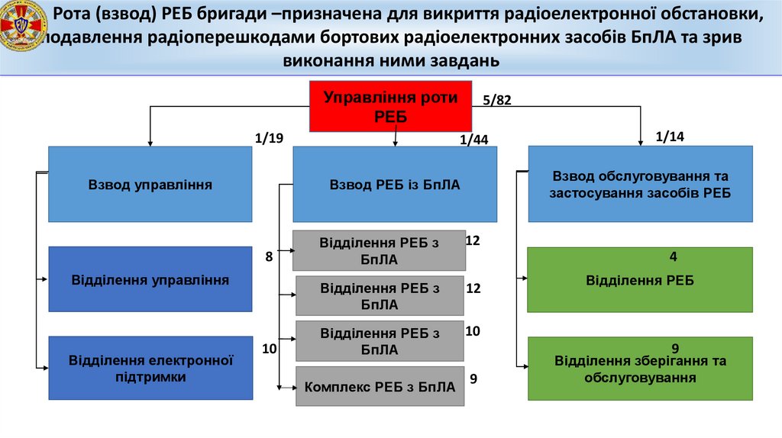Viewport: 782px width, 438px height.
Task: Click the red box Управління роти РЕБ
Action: [391, 106]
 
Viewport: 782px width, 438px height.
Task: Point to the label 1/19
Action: [269, 138]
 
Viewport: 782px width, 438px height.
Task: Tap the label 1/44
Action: [473, 139]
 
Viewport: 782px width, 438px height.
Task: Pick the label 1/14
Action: [670, 137]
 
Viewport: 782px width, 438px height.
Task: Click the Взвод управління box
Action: [150, 184]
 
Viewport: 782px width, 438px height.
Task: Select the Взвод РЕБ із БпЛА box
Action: [394, 184]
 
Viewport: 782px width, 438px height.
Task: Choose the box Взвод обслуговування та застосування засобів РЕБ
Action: [640, 184]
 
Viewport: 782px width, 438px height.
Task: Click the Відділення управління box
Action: [150, 279]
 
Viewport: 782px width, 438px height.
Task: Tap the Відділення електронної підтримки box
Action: [150, 367]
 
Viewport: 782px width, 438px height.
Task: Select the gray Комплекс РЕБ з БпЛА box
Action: [380, 387]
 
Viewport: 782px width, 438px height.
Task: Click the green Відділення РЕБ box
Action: [640, 280]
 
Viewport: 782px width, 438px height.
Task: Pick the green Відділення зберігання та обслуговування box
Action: [640, 369]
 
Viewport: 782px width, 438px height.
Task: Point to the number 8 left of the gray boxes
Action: [269, 257]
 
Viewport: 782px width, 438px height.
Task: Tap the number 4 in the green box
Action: [674, 256]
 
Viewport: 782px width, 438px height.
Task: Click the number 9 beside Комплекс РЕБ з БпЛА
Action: [473, 378]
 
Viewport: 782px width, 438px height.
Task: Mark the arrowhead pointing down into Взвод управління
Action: [150, 142]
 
